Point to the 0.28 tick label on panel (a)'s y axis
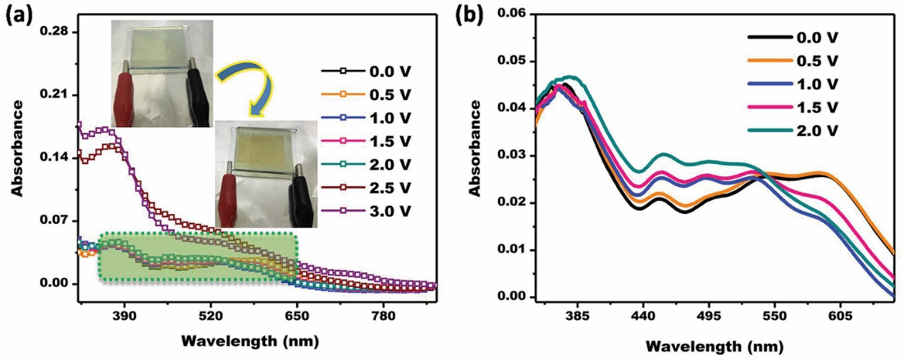57,32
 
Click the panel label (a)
17,13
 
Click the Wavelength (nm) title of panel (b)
715,347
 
